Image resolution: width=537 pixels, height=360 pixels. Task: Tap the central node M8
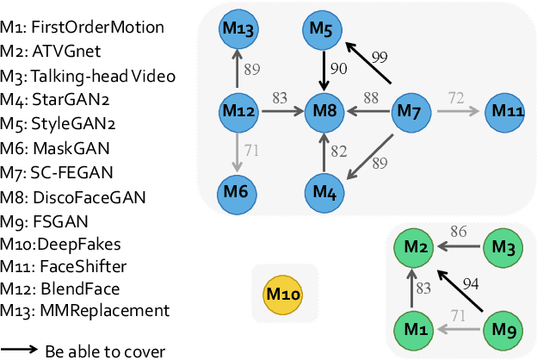click(323, 110)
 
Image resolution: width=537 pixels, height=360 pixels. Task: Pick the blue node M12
click(238, 110)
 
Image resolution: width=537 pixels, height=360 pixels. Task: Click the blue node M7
click(410, 110)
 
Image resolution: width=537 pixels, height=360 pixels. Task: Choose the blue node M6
click(238, 189)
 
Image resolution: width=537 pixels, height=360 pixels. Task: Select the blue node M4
click(323, 189)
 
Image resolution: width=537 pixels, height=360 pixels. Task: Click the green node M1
click(412, 328)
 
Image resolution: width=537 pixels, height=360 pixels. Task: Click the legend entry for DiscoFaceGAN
click(72, 198)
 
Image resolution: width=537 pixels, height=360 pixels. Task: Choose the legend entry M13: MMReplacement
click(84, 310)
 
